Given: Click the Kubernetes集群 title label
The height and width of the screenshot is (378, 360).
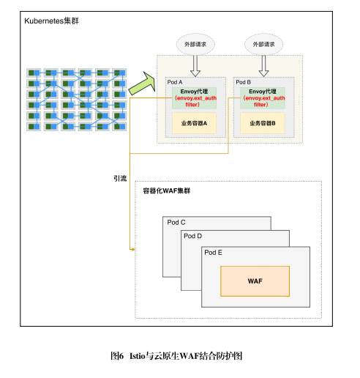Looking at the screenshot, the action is click(51, 21).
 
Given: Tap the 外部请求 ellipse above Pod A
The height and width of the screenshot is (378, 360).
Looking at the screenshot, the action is click(195, 45).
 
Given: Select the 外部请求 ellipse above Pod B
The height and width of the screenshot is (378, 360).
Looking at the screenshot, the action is click(264, 45).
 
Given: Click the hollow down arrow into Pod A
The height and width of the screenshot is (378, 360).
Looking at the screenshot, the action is click(195, 66).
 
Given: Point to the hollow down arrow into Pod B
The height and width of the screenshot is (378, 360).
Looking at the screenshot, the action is click(263, 66).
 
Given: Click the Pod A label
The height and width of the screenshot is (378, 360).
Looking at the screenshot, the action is click(175, 82).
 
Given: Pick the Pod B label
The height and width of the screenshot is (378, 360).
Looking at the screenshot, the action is click(244, 82).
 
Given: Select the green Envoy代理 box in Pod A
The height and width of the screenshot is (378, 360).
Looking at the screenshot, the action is click(194, 98).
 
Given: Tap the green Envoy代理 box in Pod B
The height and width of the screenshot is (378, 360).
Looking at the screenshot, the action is click(263, 98).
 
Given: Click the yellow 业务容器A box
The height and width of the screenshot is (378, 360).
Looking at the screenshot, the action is click(194, 123).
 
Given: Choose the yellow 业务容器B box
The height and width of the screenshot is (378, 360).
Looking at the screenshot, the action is click(263, 123).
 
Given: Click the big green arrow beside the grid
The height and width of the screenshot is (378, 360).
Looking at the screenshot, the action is click(143, 84).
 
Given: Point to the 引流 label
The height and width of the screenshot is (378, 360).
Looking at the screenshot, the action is click(120, 179).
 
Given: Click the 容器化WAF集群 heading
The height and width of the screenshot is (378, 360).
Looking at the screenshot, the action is click(167, 190).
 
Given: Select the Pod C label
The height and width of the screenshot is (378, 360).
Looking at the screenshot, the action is click(176, 223).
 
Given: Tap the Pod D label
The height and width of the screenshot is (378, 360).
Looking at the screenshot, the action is click(192, 236).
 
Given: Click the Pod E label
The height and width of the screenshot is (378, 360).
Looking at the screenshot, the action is click(213, 253).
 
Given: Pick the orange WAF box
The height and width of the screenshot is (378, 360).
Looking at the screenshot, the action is click(255, 281).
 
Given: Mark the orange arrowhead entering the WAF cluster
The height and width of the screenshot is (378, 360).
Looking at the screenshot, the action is click(133, 249).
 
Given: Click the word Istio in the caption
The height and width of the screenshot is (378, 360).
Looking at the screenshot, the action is click(138, 356).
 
